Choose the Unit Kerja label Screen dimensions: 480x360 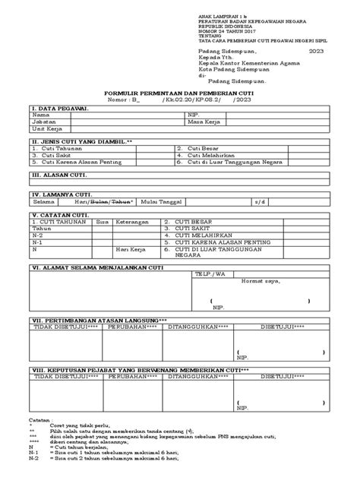[x=45, y=129]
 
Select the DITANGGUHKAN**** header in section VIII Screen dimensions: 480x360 [x=198, y=376]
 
